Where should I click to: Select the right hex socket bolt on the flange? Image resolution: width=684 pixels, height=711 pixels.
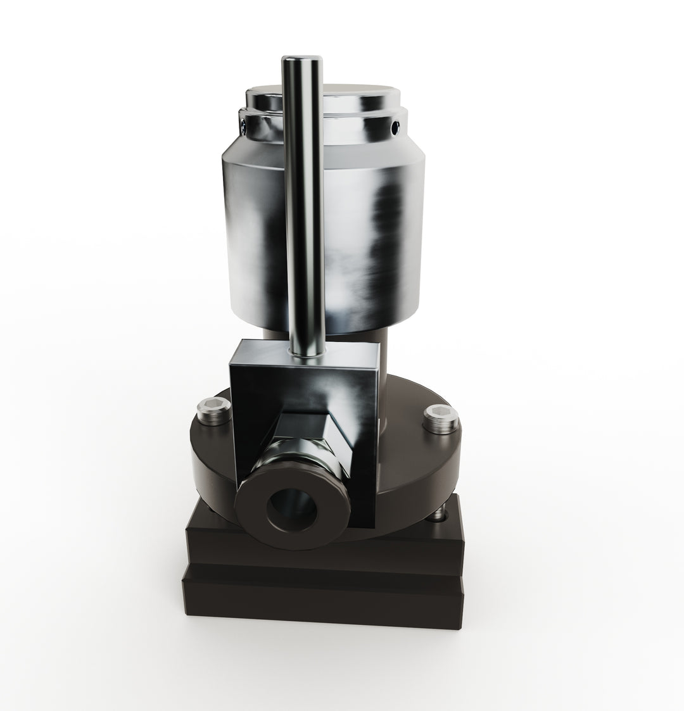pos(440,419)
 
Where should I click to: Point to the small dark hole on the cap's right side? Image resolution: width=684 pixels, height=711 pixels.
pos(396,129)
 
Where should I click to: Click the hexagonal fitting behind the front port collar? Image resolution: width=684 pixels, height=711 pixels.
pos(298,453)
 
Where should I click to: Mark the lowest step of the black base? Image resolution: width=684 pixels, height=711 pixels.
pos(323,598)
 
